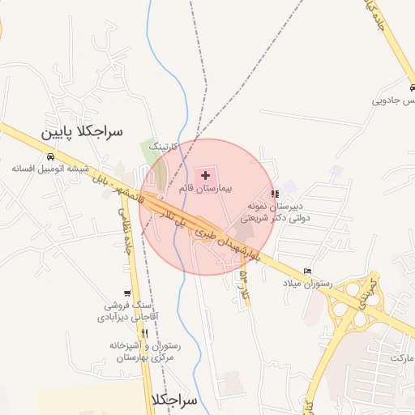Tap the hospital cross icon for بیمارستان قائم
pos(205,175)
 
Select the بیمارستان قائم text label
pos(206,187)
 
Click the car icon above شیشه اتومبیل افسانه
pos(50,156)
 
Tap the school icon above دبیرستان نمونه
pos(275,195)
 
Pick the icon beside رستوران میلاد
pos(306,271)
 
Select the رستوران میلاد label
pos(303,283)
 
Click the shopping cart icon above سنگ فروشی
pos(126,293)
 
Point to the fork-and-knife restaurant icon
pos(144,333)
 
